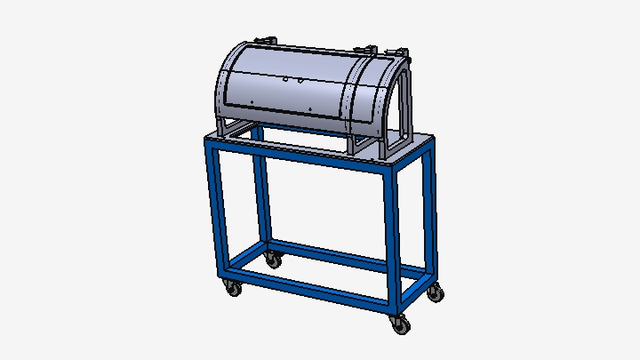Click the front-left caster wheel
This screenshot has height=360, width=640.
pos(233,289)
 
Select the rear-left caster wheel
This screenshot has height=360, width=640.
pos(273,260)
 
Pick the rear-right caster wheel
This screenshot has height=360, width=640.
pos(435,292)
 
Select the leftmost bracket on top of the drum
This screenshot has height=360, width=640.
pos(264,41)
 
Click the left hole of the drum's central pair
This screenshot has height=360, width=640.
pos(285,78)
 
